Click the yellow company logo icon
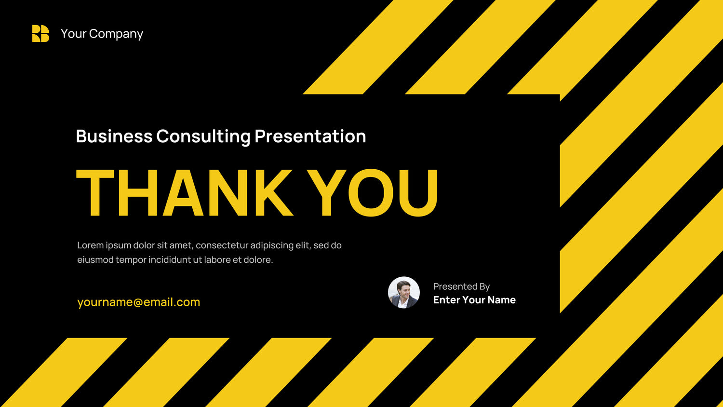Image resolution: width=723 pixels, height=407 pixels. point(40,34)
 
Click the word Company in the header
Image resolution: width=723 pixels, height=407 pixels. point(116,34)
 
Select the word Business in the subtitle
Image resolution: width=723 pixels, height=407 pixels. point(114,136)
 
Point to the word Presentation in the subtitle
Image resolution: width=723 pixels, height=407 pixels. point(310,136)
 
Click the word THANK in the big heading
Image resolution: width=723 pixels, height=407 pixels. point(185,192)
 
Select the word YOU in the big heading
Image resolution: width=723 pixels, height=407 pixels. point(373,192)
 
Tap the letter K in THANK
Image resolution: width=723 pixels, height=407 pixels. point(274,192)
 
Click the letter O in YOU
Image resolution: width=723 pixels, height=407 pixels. point(371,192)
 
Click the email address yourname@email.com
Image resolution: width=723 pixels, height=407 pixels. point(139,302)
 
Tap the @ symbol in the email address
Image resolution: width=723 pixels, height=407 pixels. point(138,302)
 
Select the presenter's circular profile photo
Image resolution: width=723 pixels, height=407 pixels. point(404,292)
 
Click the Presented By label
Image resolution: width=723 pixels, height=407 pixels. point(462,286)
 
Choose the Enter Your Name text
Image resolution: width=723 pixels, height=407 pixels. point(474,300)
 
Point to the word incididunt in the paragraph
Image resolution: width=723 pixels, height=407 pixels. point(169,260)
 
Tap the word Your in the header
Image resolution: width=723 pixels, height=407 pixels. point(73,34)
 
